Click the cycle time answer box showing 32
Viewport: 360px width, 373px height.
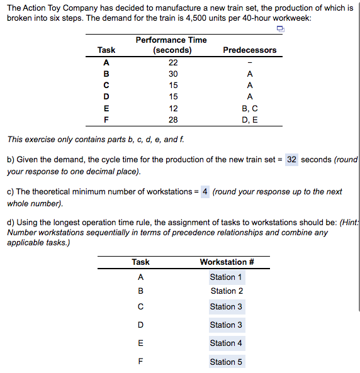coord(291,160)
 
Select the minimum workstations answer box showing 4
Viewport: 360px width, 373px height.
coord(205,192)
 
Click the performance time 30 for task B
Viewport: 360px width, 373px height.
coord(173,74)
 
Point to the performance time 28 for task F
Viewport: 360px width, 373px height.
coord(173,119)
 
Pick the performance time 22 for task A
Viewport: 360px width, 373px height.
coord(173,62)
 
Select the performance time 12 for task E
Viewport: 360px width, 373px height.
coord(173,108)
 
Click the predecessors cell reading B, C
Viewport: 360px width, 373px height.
coord(250,108)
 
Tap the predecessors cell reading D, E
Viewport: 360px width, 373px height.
coord(250,119)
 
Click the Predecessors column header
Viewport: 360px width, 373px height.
coord(250,50)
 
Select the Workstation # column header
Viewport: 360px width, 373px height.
coord(227,262)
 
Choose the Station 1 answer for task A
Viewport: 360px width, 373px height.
coord(226,277)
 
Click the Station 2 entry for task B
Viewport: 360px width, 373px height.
coord(227,291)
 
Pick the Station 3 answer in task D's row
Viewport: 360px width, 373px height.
coord(227,325)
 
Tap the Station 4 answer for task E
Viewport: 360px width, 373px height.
coord(227,343)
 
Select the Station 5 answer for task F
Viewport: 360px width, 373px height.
coord(227,362)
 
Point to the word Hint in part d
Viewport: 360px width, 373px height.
coord(350,222)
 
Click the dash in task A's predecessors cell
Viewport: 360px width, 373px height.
coord(250,62)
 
